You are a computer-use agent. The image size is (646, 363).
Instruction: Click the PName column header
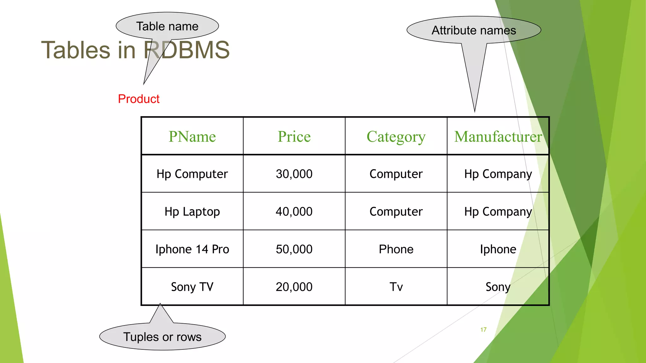point(192,136)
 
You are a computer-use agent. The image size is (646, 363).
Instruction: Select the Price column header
point(294,136)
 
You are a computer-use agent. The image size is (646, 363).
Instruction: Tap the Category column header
point(396,137)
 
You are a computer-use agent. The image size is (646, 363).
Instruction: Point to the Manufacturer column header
point(498,136)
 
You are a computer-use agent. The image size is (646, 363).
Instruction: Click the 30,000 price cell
point(294,174)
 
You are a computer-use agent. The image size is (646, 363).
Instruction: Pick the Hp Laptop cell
point(192,211)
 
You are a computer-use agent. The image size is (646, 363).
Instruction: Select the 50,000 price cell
point(294,249)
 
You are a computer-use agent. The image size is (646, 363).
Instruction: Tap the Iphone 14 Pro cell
point(192,249)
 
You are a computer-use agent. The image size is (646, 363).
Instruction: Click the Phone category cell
point(396,249)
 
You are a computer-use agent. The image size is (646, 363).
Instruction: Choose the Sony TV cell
point(192,287)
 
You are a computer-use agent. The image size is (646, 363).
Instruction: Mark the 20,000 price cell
point(294,287)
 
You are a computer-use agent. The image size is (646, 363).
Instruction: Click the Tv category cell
point(396,287)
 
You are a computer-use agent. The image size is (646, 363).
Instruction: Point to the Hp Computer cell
point(192,174)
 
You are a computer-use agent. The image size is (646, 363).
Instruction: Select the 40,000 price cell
point(294,211)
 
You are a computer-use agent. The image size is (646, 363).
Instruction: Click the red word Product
point(139,99)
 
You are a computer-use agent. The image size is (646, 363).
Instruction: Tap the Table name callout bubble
point(167,26)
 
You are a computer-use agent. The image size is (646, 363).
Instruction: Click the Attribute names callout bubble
point(474,30)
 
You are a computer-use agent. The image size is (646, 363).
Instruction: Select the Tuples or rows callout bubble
point(162,337)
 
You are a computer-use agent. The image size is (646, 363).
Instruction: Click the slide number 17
point(483,330)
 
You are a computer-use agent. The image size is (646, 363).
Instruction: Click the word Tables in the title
point(76,50)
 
